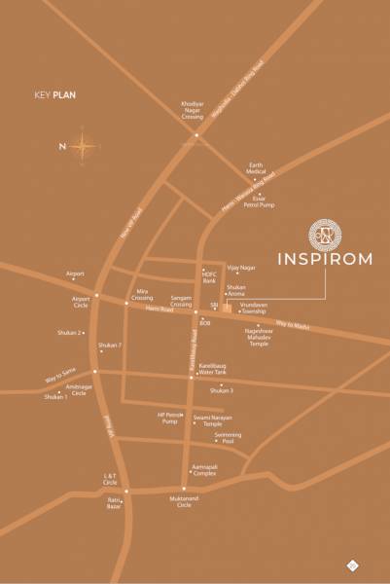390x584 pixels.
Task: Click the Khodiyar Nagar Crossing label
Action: click(x=193, y=110)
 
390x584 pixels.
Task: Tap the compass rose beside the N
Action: click(x=85, y=148)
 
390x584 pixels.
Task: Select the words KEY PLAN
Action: click(x=54, y=94)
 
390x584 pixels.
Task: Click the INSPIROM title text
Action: click(x=323, y=260)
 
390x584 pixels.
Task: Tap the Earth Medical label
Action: click(x=257, y=169)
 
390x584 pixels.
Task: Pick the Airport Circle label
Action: click(x=81, y=302)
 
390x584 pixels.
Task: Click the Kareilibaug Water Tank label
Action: click(x=212, y=369)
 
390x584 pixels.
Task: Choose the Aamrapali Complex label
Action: click(x=203, y=470)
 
